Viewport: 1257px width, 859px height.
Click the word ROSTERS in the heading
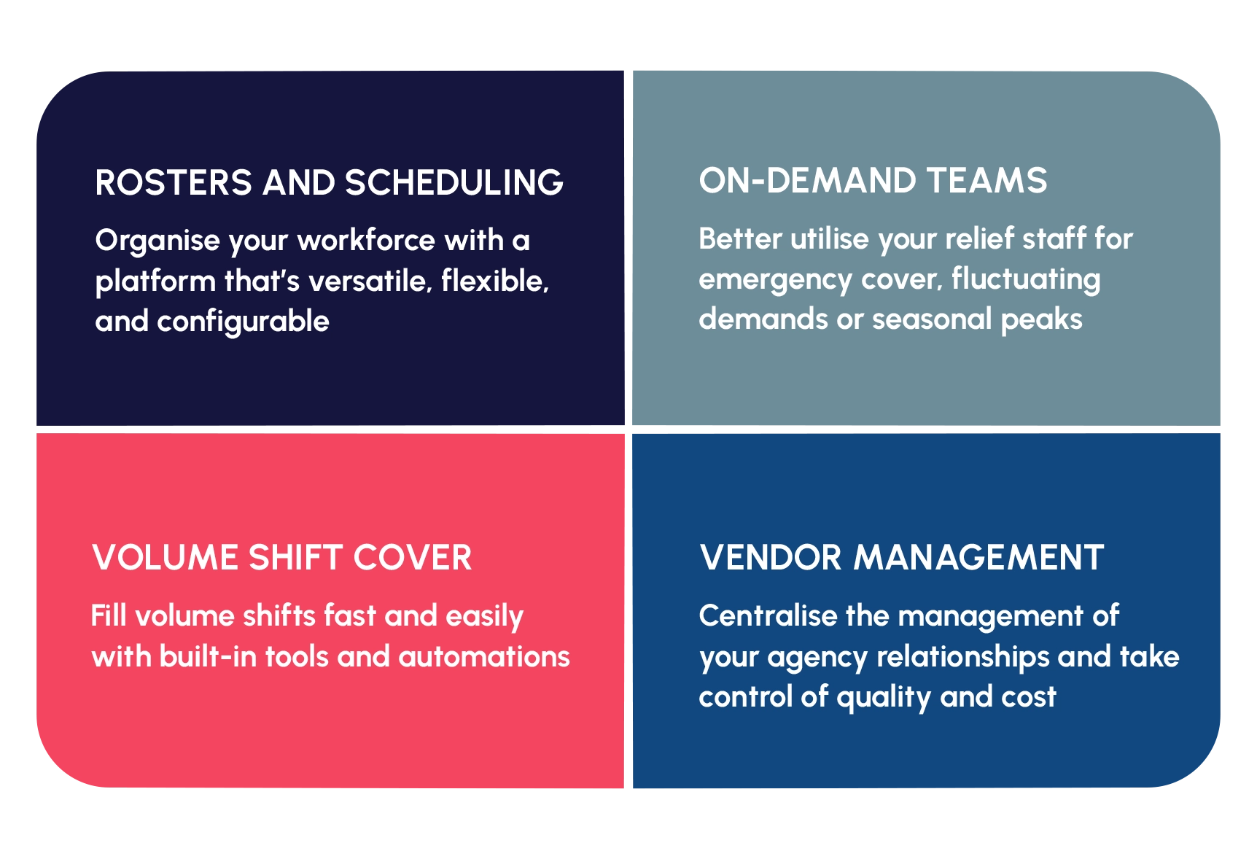coord(174,182)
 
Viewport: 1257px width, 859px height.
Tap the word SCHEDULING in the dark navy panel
coord(454,182)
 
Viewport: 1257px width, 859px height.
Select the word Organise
coord(157,241)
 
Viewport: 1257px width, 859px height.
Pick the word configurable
coord(244,322)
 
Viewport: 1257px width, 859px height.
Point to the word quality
coord(884,698)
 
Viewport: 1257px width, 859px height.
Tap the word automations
coord(484,657)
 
